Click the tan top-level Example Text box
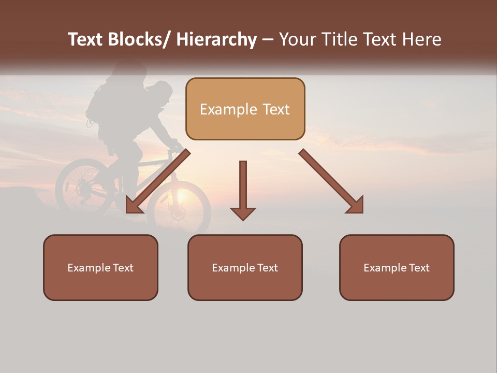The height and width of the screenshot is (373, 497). pos(245,109)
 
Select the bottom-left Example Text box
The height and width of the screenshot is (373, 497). pos(100,267)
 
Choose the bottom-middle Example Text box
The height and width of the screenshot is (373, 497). pos(245,267)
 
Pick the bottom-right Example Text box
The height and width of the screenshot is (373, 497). pos(397,267)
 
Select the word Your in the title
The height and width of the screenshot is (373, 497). pos(297,39)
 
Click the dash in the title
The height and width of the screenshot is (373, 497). pos(268,40)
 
